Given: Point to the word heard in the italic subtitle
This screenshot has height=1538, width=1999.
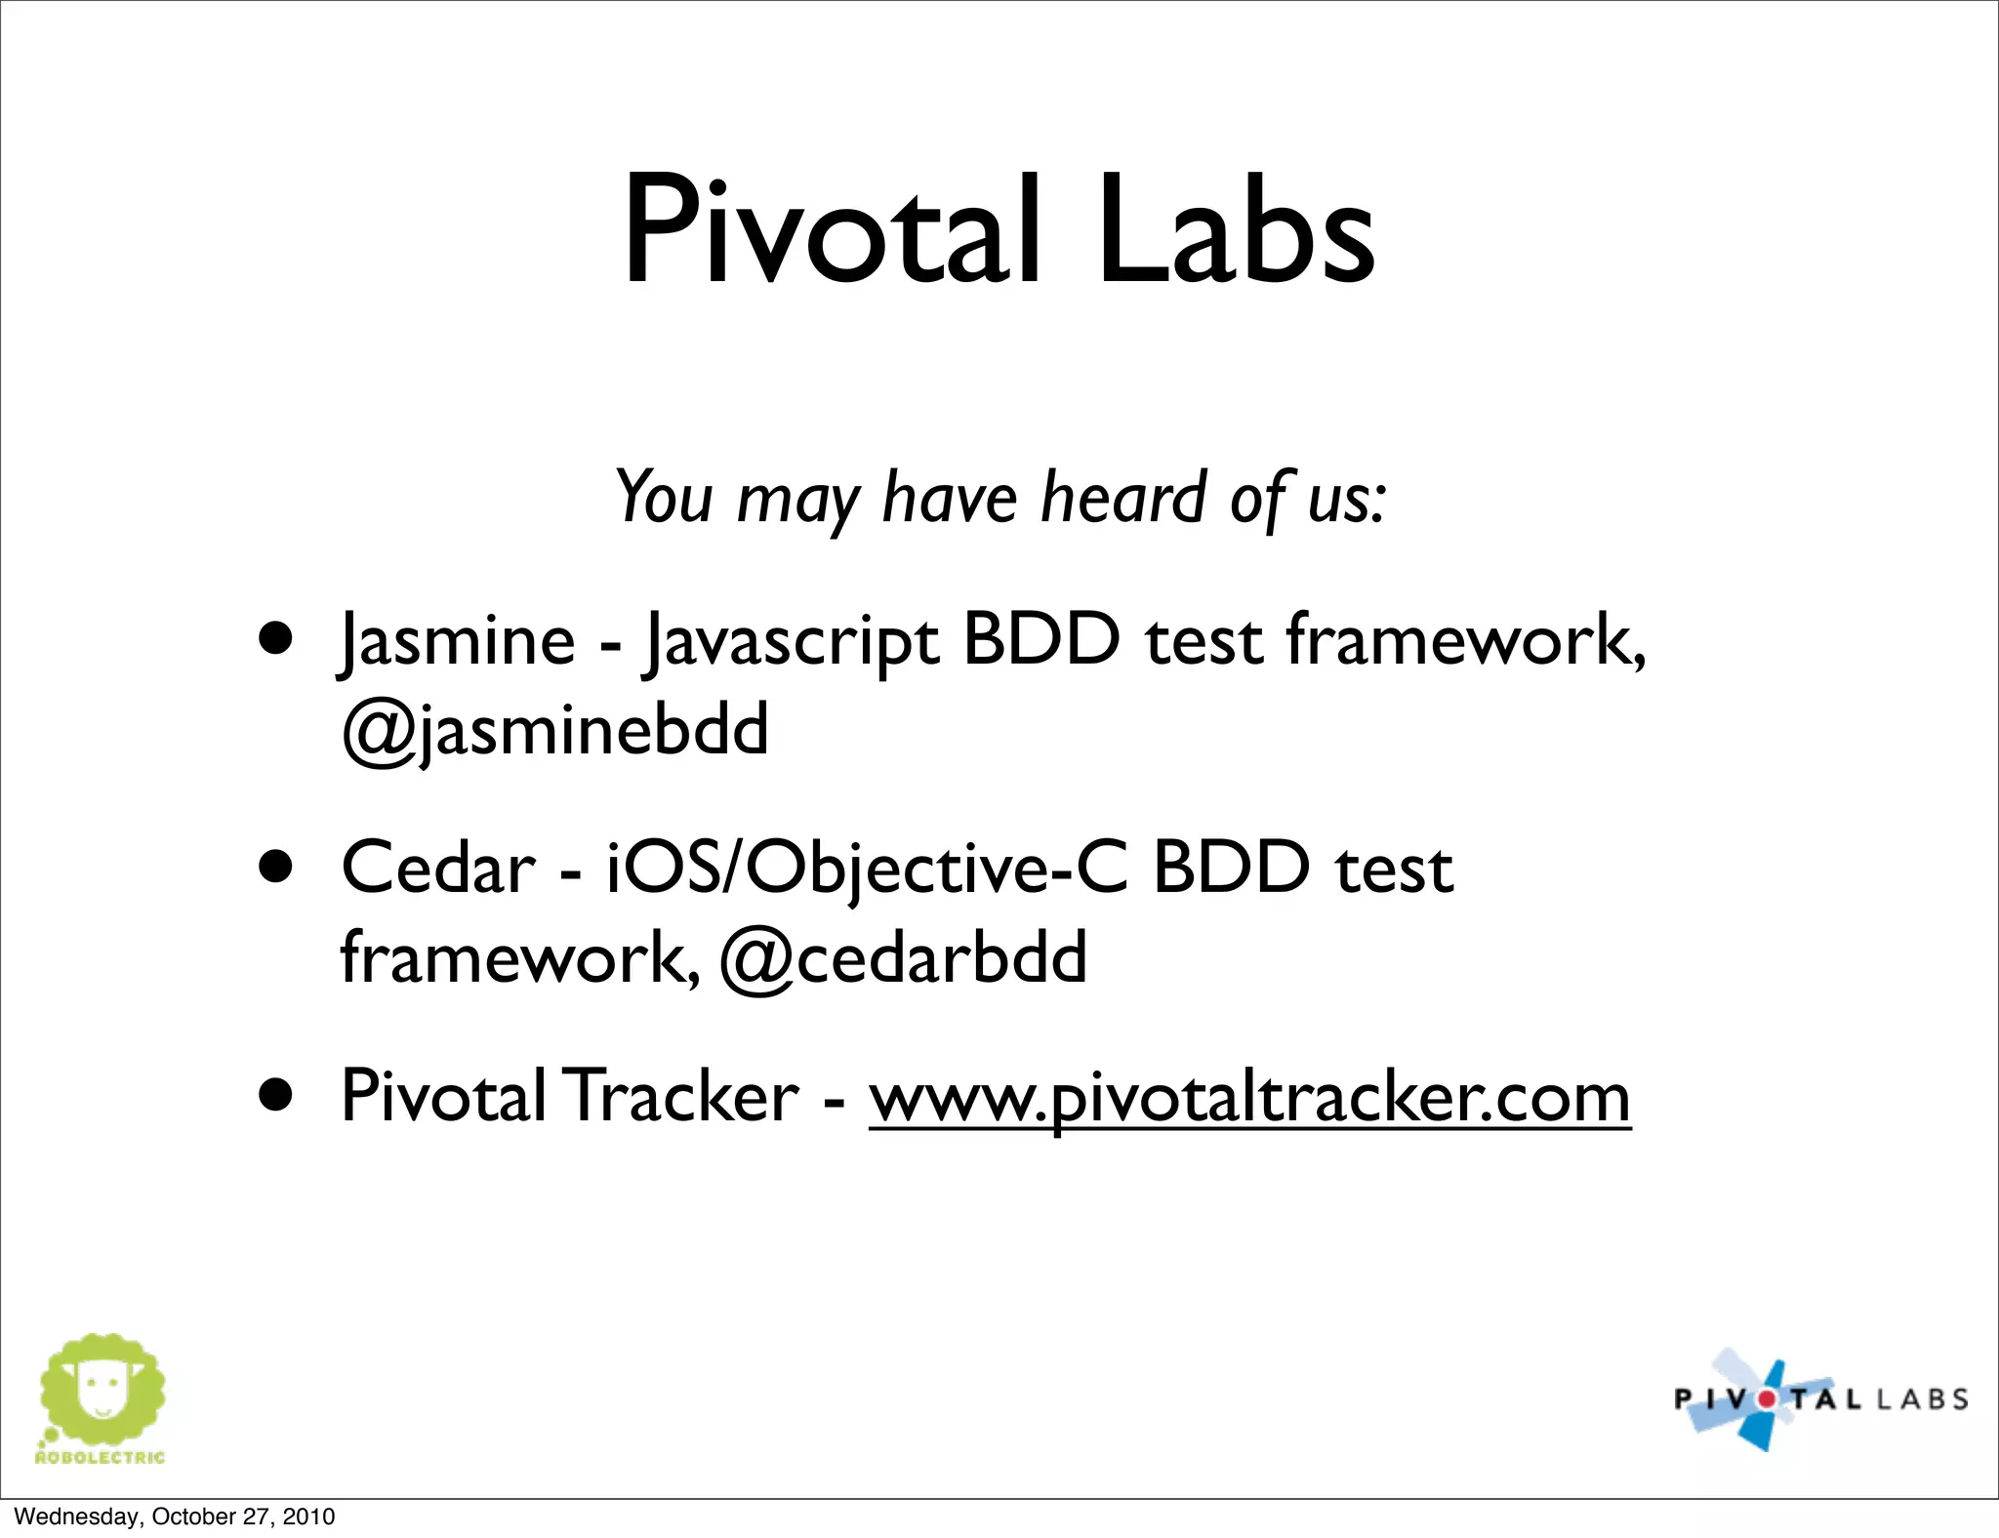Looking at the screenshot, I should pos(1124,498).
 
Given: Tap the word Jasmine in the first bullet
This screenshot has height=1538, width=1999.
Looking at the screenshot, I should pos(458,642).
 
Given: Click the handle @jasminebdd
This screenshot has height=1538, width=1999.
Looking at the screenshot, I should pos(554,730).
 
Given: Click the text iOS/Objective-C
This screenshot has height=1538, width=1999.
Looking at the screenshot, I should pos(867,869).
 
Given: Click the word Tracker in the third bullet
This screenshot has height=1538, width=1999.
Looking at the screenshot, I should pos(682,1097).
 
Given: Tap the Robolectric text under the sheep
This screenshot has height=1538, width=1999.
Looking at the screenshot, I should pos(100,1458).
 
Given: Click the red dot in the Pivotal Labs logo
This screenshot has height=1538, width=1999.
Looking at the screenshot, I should pos(1767,1399).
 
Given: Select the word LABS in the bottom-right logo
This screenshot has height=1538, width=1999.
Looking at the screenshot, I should pos(1921,1399).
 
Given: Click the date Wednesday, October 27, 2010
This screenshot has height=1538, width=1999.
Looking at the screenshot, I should pos(175,1517).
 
